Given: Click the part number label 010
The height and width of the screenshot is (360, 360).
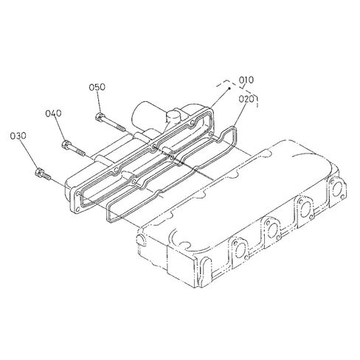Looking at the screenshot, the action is click(x=246, y=80).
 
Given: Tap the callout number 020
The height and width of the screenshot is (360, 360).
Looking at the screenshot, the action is click(x=246, y=99).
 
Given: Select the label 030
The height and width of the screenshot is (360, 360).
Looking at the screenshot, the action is click(x=18, y=136).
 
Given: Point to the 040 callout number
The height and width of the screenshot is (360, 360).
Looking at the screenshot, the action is click(x=53, y=114).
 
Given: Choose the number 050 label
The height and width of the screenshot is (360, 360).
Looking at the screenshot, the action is click(x=97, y=87).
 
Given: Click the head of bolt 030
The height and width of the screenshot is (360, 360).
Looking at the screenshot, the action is click(x=39, y=172).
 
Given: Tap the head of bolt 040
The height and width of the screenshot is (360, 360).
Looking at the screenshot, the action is click(x=66, y=144).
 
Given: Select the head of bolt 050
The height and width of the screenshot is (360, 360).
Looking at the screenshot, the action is click(x=99, y=117).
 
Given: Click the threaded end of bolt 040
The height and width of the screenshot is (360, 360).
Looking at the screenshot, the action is click(x=80, y=152).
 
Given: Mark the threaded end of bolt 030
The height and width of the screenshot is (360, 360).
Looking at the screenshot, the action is click(x=46, y=176).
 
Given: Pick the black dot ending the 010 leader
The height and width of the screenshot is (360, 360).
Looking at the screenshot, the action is click(x=229, y=89).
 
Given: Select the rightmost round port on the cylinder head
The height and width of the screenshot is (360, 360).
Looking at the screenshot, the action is click(x=337, y=188).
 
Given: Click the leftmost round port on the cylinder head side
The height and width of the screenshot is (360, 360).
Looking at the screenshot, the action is click(x=240, y=251).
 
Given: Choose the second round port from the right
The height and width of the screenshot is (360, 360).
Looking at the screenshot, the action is click(x=305, y=209).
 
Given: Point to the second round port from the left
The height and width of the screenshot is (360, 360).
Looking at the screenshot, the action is click(x=272, y=230).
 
